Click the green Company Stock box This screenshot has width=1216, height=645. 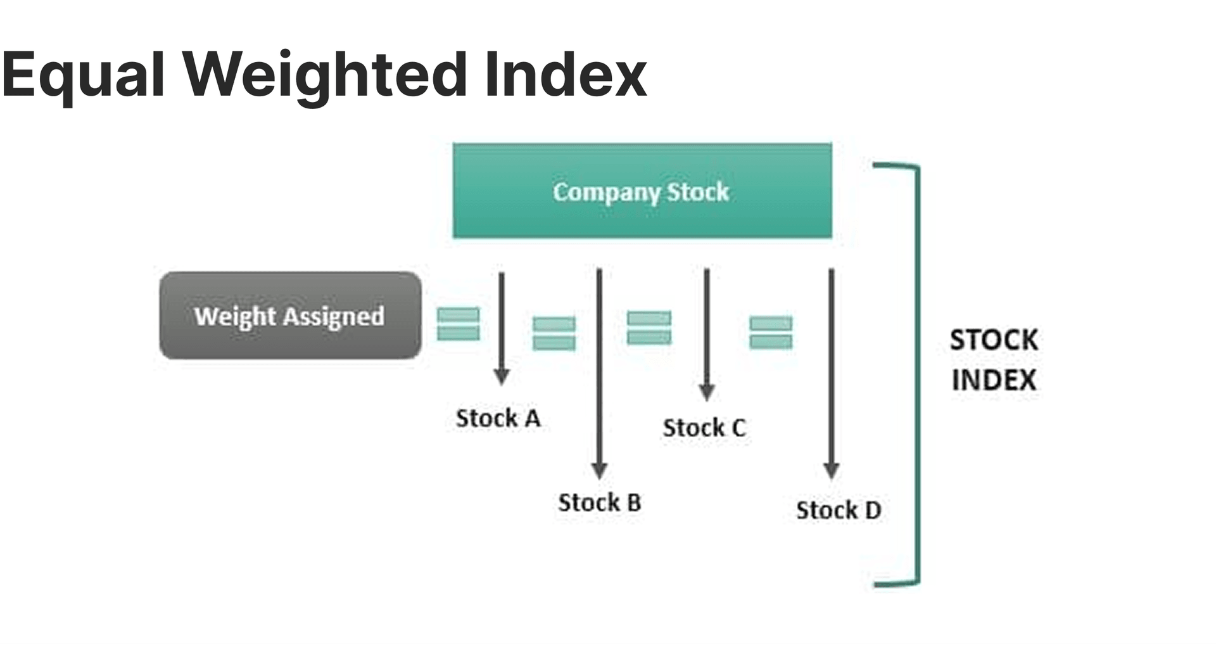click(642, 191)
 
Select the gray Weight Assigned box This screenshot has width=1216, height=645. click(290, 316)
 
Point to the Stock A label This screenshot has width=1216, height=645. click(498, 418)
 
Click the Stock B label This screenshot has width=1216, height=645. click(599, 502)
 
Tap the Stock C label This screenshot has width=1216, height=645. click(704, 428)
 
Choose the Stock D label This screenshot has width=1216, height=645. click(839, 510)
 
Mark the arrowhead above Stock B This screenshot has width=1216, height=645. click(599, 470)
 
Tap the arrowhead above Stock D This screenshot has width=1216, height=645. click(832, 471)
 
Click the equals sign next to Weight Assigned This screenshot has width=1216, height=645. click(459, 324)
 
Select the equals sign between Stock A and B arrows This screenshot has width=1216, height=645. click(554, 333)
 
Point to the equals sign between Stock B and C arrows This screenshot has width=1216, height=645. click(649, 328)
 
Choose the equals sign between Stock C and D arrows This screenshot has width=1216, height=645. click(771, 333)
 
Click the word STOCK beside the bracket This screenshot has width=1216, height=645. click(994, 340)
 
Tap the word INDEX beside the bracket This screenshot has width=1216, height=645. click(994, 380)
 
